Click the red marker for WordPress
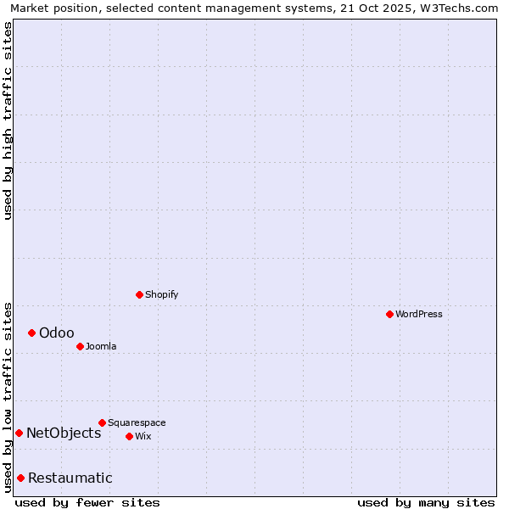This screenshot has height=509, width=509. click(x=389, y=314)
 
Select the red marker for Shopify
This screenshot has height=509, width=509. click(x=139, y=294)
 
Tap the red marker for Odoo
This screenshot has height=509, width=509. click(x=31, y=333)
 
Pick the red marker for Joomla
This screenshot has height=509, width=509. click(x=80, y=346)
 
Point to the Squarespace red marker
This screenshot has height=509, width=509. click(x=102, y=422)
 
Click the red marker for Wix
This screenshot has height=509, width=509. click(x=129, y=436)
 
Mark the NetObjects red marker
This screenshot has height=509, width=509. click(x=19, y=433)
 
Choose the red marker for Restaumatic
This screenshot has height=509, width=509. click(x=20, y=478)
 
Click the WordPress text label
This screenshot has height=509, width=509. click(x=419, y=314)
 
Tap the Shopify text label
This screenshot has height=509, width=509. click(x=162, y=294)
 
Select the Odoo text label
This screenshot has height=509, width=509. click(x=57, y=333)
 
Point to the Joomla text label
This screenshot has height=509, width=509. click(x=101, y=346)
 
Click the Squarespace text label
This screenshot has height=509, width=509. click(x=137, y=422)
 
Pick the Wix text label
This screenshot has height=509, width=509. click(x=143, y=436)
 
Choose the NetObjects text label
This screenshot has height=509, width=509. click(x=64, y=433)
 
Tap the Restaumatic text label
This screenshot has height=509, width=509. click(x=70, y=478)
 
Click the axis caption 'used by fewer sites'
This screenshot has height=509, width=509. click(x=87, y=502)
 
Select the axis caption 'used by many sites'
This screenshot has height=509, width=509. click(x=426, y=502)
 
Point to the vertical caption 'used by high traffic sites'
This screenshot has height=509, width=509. click(x=8, y=120)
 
